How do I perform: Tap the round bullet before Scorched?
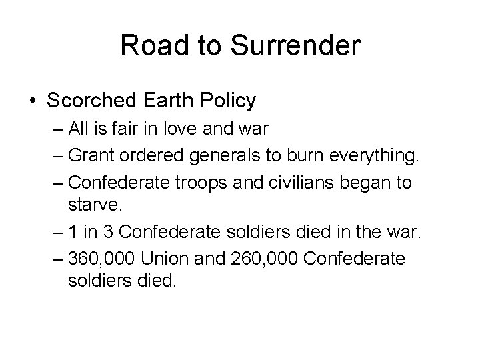(x=33, y=101)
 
